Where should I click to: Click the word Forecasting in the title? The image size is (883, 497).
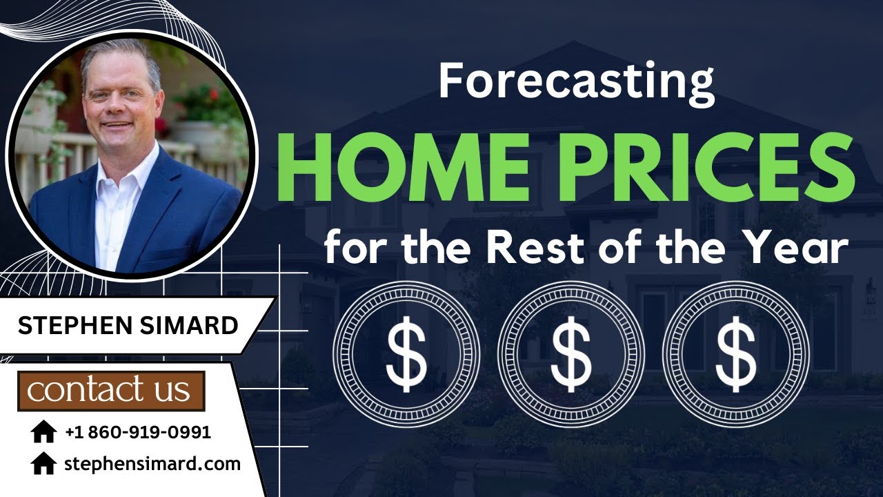point(576,81)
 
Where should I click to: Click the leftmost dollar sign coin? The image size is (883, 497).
point(406,354)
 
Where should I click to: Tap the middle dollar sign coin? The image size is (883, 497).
point(571,354)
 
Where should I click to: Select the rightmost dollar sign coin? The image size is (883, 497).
point(735,354)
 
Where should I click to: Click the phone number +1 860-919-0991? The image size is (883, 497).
point(138,433)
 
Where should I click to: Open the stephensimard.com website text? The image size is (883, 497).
point(152,464)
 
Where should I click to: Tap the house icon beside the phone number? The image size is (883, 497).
point(43,433)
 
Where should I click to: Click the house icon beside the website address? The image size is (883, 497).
point(43,464)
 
